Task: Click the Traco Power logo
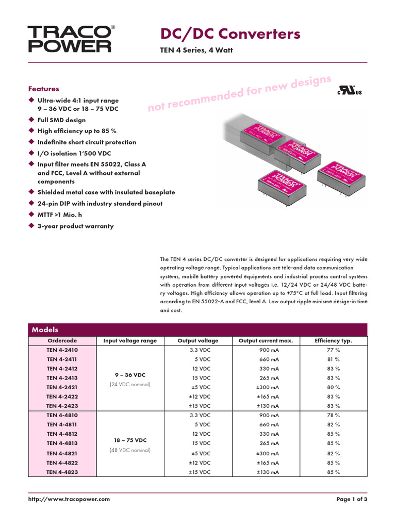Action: (69, 39)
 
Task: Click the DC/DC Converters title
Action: (230, 34)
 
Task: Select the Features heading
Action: (43, 89)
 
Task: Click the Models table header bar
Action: (197, 329)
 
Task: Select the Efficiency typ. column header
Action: (333, 341)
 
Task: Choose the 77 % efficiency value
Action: (333, 350)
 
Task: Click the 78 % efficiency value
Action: (333, 415)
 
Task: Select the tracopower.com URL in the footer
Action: (69, 499)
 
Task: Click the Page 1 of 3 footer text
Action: (352, 499)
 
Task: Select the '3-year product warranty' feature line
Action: (75, 226)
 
